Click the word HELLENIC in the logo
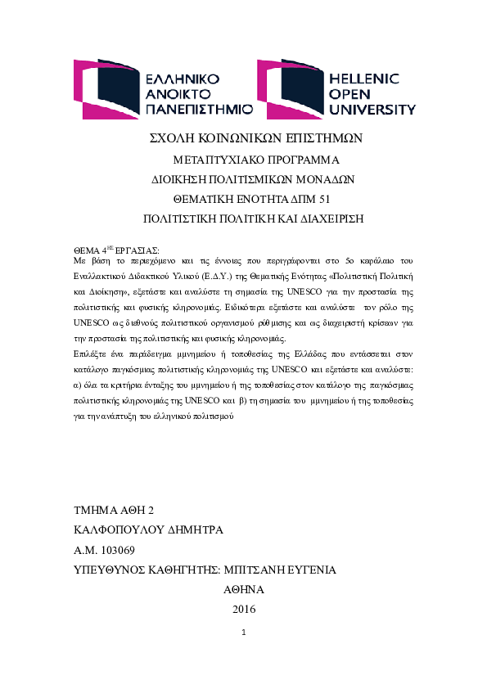coord(363,79)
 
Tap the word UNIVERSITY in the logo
coord(372,109)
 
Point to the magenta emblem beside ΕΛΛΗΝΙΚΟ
coord(105,89)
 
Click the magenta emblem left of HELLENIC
coord(290,89)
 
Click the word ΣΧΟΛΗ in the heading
coord(177,138)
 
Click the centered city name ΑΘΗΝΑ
coord(243,589)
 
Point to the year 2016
coord(244,609)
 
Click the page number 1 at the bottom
coord(244,633)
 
